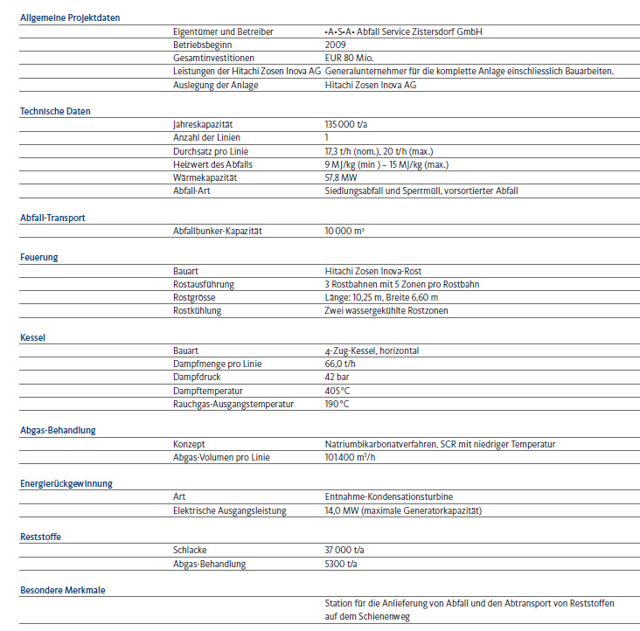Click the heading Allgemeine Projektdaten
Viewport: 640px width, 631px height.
pyautogui.click(x=70, y=17)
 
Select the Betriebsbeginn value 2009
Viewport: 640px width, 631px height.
pyautogui.click(x=335, y=45)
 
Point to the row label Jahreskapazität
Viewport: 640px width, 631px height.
pyautogui.click(x=202, y=125)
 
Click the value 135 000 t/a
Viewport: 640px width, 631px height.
pyautogui.click(x=346, y=125)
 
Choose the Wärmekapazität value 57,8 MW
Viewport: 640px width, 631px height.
pyautogui.click(x=342, y=177)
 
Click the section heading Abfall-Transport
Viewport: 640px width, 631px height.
pyautogui.click(x=52, y=218)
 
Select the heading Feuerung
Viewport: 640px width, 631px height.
pyautogui.click(x=39, y=258)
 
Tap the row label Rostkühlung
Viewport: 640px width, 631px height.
pyautogui.click(x=198, y=310)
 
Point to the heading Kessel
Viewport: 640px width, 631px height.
pyautogui.click(x=33, y=337)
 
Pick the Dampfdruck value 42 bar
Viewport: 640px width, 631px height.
pyautogui.click(x=337, y=378)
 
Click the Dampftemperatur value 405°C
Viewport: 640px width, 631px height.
pyautogui.click(x=337, y=391)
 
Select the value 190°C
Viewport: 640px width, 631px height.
pyautogui.click(x=337, y=404)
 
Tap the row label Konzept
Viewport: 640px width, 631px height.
pyautogui.click(x=190, y=444)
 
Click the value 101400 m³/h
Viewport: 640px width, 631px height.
pyautogui.click(x=350, y=457)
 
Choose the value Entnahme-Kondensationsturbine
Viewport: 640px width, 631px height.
pyautogui.click(x=388, y=497)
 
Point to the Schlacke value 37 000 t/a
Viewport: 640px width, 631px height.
pyautogui.click(x=345, y=551)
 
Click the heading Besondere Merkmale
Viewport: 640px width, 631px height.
pyautogui.click(x=63, y=591)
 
